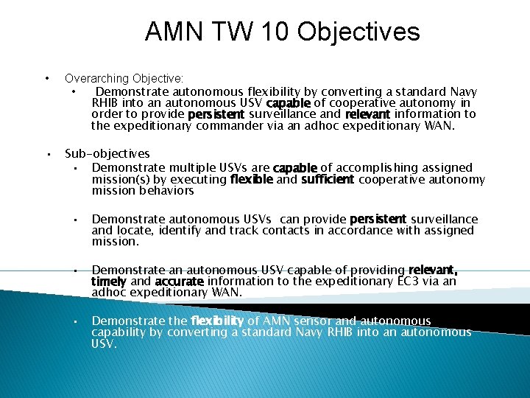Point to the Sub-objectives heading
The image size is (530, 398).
click(107, 154)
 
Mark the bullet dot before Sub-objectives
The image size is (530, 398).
click(46, 155)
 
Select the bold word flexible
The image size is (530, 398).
click(251, 179)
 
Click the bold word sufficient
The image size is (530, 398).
click(328, 179)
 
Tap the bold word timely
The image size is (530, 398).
click(109, 282)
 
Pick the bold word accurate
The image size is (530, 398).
click(179, 282)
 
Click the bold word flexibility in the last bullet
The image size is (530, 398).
click(217, 321)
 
